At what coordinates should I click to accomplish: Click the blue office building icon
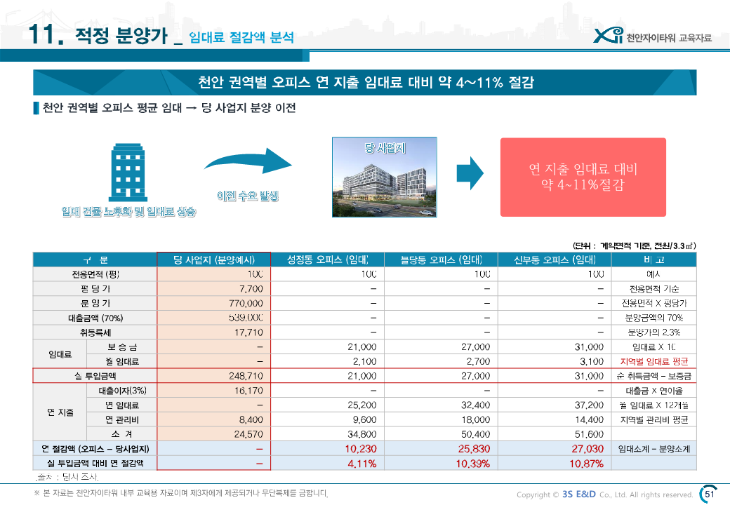click(x=128, y=174)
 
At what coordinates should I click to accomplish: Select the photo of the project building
click(x=385, y=177)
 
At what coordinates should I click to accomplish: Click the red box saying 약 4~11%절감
click(x=583, y=177)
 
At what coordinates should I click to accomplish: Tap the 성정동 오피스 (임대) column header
click(x=328, y=260)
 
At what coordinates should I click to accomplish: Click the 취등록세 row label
click(x=95, y=332)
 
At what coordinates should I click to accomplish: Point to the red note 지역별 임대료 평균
click(x=653, y=362)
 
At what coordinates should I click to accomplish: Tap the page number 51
click(x=709, y=494)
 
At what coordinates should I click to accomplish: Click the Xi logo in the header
click(x=607, y=35)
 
